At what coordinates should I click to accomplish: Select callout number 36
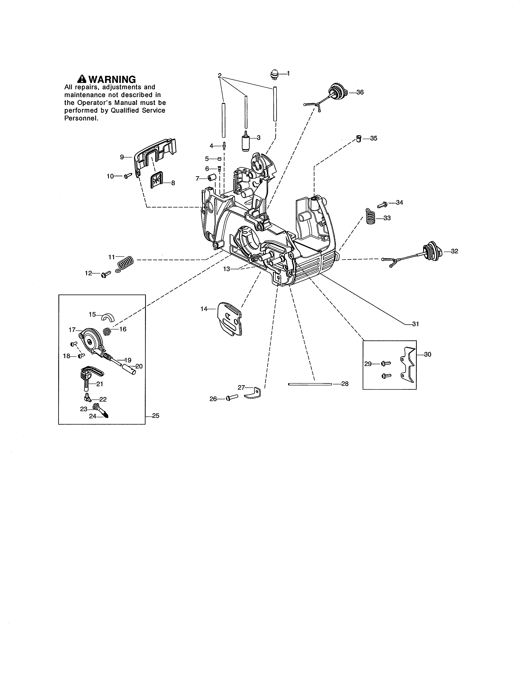(360, 92)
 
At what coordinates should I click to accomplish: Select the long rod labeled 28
(310, 384)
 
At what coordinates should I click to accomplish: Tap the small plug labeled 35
(359, 138)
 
